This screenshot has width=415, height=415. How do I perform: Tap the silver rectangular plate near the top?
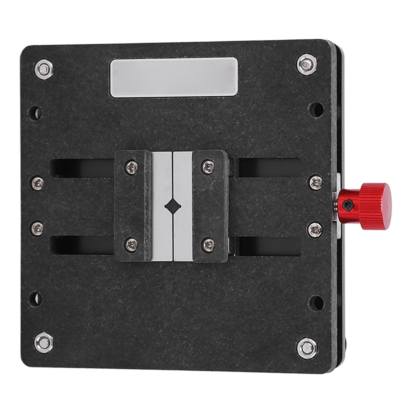174,77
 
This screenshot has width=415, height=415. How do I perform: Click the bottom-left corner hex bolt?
44,343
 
